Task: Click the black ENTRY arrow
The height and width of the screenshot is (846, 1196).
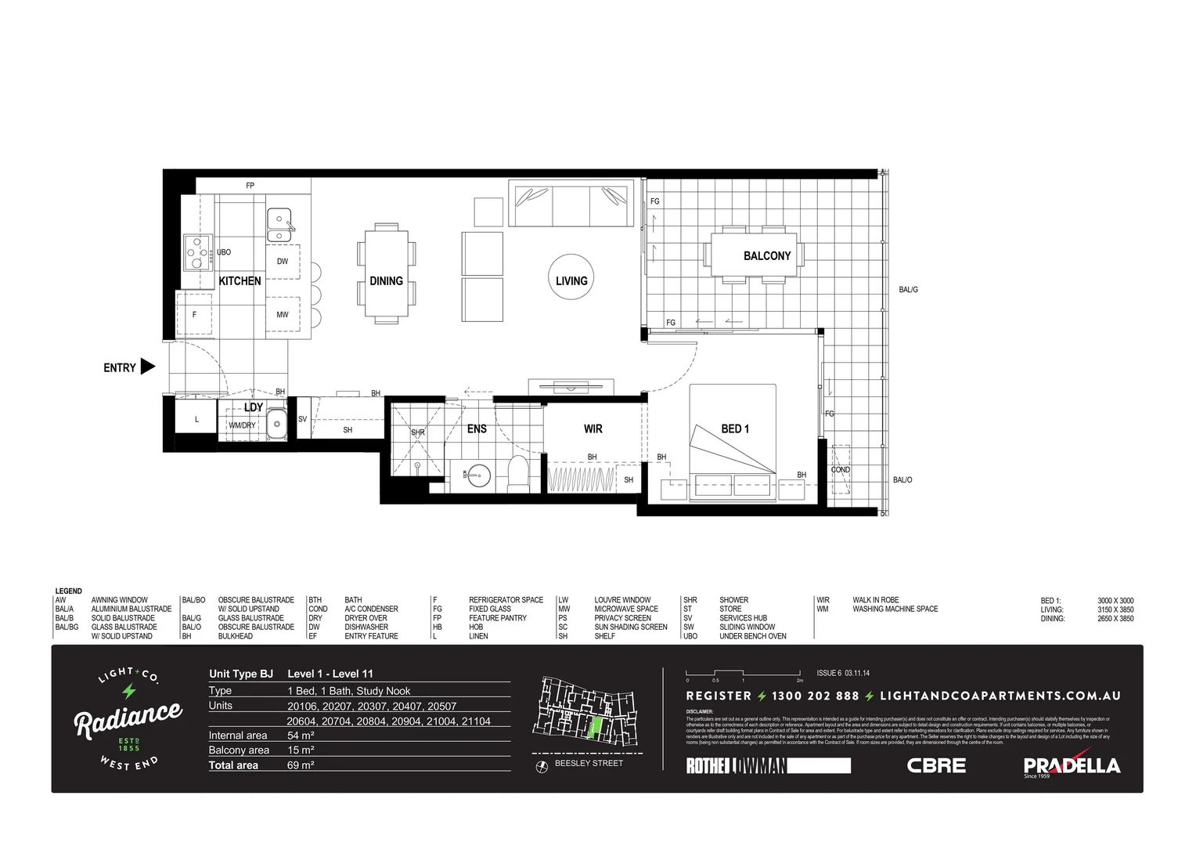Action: (x=147, y=367)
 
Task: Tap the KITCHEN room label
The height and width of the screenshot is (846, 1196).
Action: (x=240, y=281)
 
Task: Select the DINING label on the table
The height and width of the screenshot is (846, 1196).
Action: (x=386, y=281)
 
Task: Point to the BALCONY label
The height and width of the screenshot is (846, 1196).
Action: (x=766, y=256)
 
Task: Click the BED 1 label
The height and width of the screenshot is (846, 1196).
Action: (x=734, y=429)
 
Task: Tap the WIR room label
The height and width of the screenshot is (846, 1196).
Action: (x=593, y=429)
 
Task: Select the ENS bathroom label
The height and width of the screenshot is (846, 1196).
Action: (x=477, y=429)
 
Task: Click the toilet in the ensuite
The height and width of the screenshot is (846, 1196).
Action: (x=518, y=474)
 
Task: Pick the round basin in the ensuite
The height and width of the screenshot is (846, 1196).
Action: (x=479, y=475)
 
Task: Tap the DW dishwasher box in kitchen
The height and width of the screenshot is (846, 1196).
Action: (x=283, y=262)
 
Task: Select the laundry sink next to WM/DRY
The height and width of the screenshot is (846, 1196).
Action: (x=276, y=425)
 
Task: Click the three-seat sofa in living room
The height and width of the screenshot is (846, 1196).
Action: (x=571, y=204)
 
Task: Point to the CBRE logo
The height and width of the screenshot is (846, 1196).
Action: (x=936, y=765)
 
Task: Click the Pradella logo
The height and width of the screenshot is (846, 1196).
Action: (x=1072, y=765)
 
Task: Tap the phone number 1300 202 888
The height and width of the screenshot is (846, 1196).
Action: (x=815, y=696)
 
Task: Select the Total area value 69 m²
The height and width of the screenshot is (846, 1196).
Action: (x=301, y=765)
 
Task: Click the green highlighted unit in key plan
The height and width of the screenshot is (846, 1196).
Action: (x=596, y=728)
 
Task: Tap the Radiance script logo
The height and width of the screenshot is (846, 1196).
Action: (x=128, y=718)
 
